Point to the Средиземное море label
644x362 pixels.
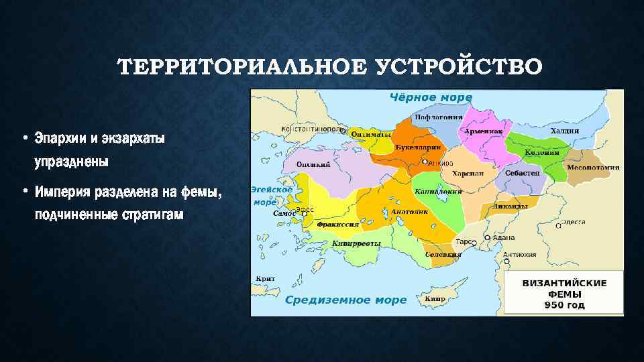pos(346,300)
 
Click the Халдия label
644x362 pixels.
pos(564,131)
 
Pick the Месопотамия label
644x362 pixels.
pos(593,167)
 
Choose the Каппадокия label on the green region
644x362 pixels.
pos(439,191)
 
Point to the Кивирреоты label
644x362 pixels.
pos(356,243)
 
